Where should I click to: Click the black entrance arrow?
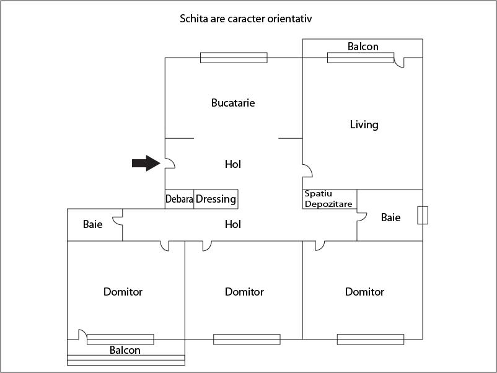tap(146, 164)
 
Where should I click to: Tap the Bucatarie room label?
tap(233, 103)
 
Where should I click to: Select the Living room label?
tap(364, 125)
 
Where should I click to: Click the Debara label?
tap(179, 200)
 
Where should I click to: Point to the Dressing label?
tap(216, 199)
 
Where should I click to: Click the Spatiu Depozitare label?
tap(328, 199)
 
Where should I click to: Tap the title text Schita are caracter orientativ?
tap(245, 19)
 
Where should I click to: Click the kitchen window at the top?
tap(234, 58)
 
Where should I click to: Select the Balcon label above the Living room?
tap(363, 46)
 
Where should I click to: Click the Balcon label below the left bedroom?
tap(125, 350)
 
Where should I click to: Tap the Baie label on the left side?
tap(93, 224)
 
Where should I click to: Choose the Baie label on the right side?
tap(390, 217)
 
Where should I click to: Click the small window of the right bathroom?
tap(423, 215)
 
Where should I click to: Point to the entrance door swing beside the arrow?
tap(170, 163)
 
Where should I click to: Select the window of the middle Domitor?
tap(247, 340)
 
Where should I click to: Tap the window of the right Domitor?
tap(371, 340)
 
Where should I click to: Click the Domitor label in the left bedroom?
tap(123, 292)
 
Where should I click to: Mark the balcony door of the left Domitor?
tap(82, 334)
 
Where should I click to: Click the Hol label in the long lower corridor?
tap(233, 224)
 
